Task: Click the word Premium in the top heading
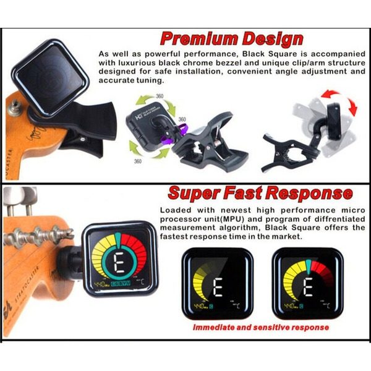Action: point(196,38)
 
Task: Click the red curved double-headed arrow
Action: point(339,101)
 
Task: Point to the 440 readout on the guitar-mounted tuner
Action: point(100,285)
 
